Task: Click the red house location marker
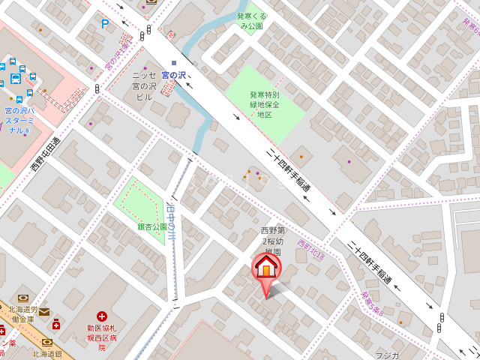(265, 268)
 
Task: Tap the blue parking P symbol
(105, 24)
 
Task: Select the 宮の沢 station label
(175, 74)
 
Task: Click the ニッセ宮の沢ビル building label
(145, 86)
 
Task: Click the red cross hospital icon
(101, 318)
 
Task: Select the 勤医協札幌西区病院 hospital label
(101, 337)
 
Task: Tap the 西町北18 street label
(310, 249)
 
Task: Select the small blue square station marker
(174, 63)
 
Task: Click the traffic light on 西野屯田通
(97, 88)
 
